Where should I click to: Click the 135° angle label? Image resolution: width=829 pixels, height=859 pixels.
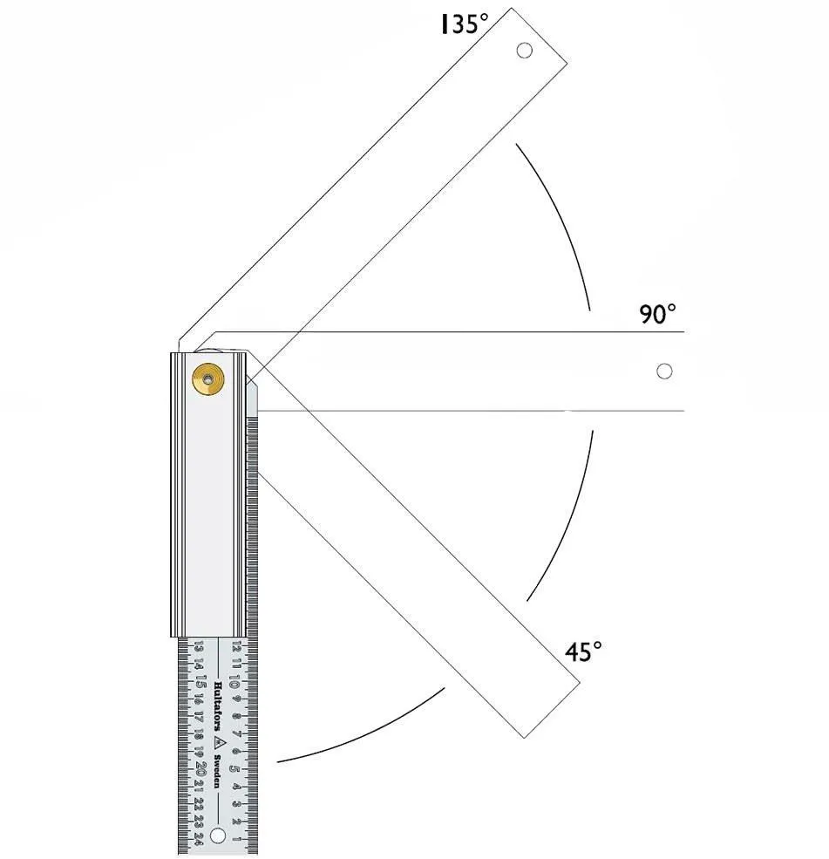click(x=465, y=24)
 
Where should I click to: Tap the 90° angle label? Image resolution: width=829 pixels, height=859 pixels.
click(x=657, y=314)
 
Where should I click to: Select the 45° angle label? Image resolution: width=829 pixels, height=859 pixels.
click(x=583, y=652)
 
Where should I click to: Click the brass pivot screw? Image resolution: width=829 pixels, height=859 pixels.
click(x=208, y=378)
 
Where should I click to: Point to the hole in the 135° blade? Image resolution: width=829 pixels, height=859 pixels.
click(x=525, y=51)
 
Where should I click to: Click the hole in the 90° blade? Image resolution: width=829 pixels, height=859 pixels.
click(x=664, y=372)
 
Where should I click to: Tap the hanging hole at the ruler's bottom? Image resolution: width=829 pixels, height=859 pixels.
click(x=217, y=836)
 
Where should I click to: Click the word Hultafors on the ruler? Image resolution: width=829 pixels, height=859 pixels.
click(x=217, y=706)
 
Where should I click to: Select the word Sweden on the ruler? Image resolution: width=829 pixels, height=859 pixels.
click(x=217, y=772)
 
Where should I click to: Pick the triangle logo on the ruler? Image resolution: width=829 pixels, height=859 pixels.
click(x=218, y=743)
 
